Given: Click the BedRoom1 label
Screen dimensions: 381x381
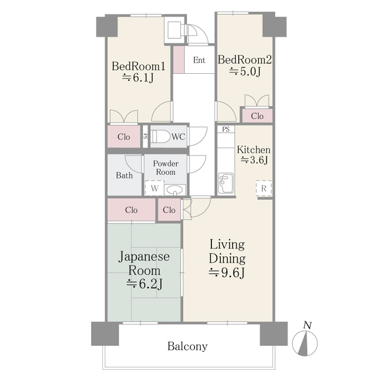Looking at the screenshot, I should click(139, 66).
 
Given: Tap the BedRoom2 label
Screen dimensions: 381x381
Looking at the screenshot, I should click(245, 60).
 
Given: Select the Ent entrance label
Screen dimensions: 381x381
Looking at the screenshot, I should click(199, 60).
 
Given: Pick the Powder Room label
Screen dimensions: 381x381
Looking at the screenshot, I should click(165, 168).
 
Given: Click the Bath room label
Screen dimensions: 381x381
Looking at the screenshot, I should click(124, 176).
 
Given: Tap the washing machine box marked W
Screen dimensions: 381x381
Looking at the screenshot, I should click(154, 189).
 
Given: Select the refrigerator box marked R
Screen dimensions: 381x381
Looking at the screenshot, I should click(263, 188).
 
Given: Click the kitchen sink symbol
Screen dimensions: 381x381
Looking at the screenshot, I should click(226, 184).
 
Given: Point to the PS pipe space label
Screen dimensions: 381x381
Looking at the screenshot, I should click(226, 129).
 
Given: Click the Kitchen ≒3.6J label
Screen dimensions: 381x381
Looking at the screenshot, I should click(254, 155).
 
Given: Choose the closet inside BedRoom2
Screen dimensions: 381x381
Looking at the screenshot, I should click(257, 116).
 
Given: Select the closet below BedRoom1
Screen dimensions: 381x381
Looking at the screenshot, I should click(124, 137).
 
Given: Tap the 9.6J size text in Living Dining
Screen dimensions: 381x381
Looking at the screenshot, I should click(226, 273).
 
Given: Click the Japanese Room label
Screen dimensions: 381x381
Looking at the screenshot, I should click(144, 271).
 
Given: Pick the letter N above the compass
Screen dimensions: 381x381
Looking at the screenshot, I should click(307, 325).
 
